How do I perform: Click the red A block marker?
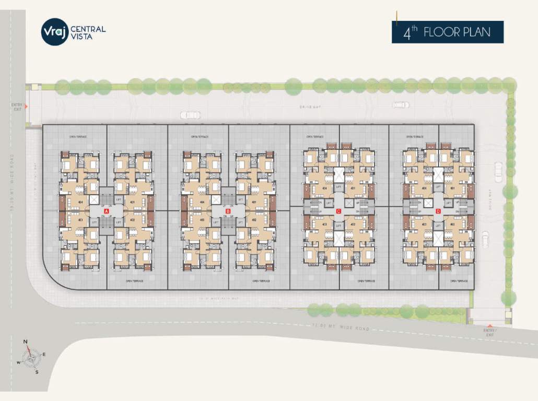pyautogui.click(x=107, y=211)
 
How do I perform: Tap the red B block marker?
pyautogui.click(x=228, y=211)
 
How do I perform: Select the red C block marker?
pyautogui.click(x=338, y=211)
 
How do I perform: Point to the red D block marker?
pyautogui.click(x=438, y=211)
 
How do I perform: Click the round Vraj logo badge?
pyautogui.click(x=55, y=32)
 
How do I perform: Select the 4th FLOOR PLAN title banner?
pyautogui.click(x=448, y=32)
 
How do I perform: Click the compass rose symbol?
pyautogui.click(x=32, y=358)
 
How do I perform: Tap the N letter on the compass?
pyautogui.click(x=25, y=342)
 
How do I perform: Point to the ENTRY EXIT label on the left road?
pyautogui.click(x=17, y=107)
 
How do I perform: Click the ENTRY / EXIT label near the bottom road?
pyautogui.click(x=489, y=332)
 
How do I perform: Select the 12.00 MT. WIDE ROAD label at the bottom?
pyautogui.click(x=341, y=328)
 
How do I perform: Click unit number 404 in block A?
pyautogui.click(x=81, y=202)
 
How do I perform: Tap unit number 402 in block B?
pyautogui.click(x=254, y=220)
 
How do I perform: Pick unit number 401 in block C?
pyautogui.click(x=353, y=188)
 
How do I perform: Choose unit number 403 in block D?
pyautogui.click(x=424, y=225)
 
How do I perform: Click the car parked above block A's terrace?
pyautogui.click(x=190, y=115)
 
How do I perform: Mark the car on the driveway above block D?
pyautogui.click(x=401, y=104)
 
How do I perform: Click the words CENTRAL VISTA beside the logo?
pyautogui.click(x=87, y=32)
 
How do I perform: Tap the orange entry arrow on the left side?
pyautogui.click(x=26, y=107)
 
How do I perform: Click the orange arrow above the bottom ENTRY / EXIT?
pyautogui.click(x=489, y=325)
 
